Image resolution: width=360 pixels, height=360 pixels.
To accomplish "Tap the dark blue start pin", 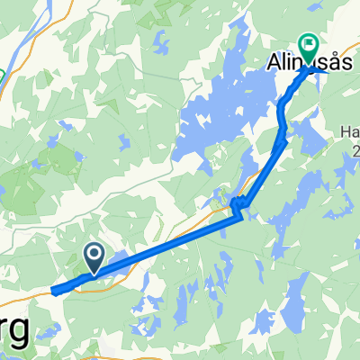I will (x=93, y=256).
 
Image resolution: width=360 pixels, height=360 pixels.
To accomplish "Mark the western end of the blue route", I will (x=54, y=291).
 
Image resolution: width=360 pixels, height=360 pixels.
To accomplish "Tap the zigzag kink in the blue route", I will (x=238, y=206).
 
